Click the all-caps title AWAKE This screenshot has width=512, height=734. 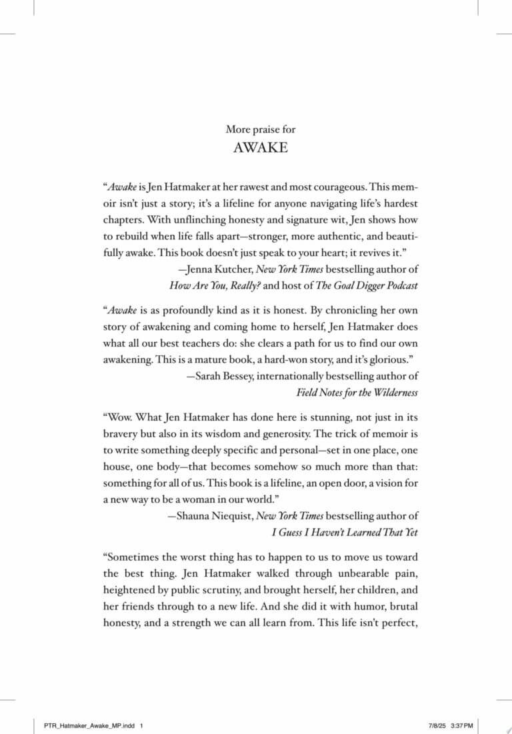click(261, 148)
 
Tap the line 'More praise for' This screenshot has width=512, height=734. click(261, 129)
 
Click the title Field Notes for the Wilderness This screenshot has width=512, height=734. click(357, 392)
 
